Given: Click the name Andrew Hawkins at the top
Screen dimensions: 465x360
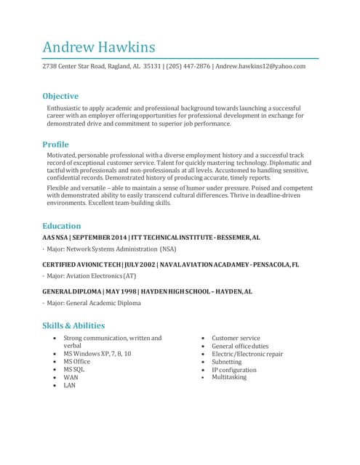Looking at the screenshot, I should (99, 47).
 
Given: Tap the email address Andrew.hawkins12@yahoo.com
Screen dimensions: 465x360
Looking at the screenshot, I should (260, 66).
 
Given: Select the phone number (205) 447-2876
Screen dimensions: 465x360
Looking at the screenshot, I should (188, 66).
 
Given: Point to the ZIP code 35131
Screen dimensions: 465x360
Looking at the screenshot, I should (152, 66).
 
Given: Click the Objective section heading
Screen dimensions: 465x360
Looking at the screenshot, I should (60, 96).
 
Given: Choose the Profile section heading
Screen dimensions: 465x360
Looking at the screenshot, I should (55, 145).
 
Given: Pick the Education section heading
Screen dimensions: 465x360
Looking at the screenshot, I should (62, 226).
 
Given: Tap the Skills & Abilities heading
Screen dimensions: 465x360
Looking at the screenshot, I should (73, 325).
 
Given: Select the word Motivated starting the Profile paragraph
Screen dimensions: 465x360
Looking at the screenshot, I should (64, 155).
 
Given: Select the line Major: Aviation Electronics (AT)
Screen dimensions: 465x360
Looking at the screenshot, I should (91, 276).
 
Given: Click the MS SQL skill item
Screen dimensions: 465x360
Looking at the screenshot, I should (73, 369).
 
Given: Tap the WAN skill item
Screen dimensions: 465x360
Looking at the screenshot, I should (71, 377).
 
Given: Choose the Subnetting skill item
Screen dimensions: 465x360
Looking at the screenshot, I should (226, 362).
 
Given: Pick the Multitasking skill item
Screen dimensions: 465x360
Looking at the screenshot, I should (229, 377).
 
